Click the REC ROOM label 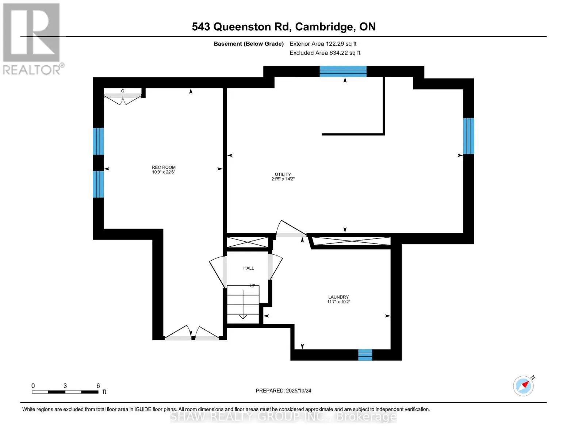point(164,167)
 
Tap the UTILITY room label point(283,174)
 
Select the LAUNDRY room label point(338,297)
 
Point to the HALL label point(249,268)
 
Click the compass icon point(523,386)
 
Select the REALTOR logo point(32,39)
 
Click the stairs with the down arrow point(243,304)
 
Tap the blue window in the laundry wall point(365,355)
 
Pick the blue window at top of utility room point(343,71)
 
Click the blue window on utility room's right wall point(469,136)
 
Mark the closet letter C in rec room point(123,91)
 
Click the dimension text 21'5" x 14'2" point(283,179)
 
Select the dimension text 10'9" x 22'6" point(164,172)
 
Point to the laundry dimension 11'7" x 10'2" point(338,302)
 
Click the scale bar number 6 point(98,386)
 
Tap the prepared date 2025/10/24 point(298,391)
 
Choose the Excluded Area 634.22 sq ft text point(325,53)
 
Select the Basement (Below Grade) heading point(249,44)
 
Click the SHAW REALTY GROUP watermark point(283,416)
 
